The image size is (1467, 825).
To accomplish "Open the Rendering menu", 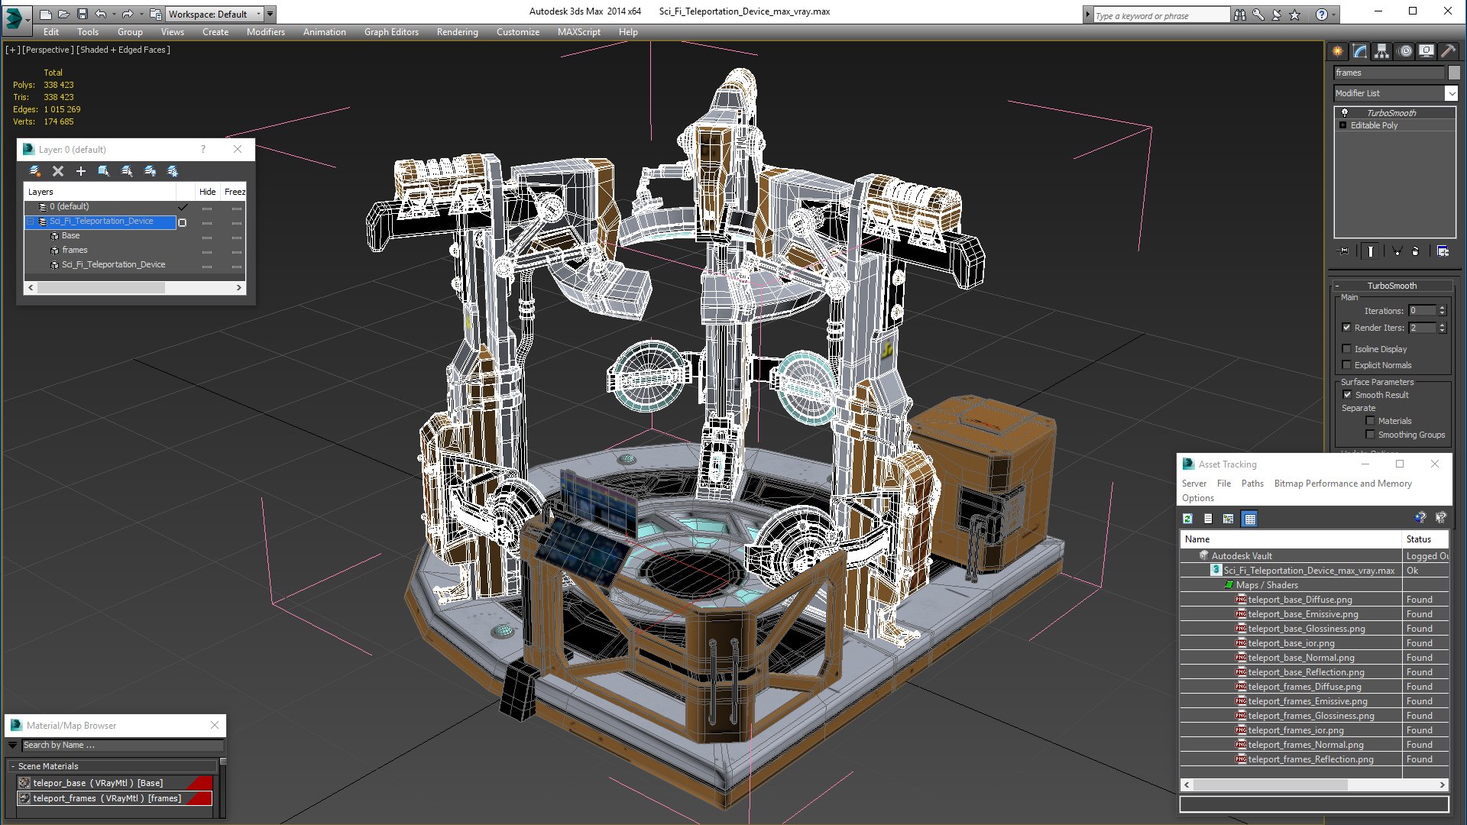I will (457, 32).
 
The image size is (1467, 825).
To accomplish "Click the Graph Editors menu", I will (391, 32).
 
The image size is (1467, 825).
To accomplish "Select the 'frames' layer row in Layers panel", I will (75, 250).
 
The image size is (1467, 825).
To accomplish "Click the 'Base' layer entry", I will (71, 235).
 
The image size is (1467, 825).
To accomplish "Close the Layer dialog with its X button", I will (238, 149).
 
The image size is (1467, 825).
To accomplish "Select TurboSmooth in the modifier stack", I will (1391, 113).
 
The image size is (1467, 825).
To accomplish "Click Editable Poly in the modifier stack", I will (1374, 125).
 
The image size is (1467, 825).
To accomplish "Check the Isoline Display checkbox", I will (1347, 349).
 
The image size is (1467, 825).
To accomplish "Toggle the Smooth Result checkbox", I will (1347, 395).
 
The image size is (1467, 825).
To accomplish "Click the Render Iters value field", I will (1422, 328).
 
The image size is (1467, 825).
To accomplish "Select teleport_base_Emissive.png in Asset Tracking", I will (1303, 614).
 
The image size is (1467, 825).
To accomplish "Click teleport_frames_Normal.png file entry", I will (1305, 745).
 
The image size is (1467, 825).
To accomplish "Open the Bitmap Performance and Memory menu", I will (1342, 484).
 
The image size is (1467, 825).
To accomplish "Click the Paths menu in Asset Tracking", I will (1252, 484).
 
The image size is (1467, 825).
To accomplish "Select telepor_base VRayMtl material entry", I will (98, 783).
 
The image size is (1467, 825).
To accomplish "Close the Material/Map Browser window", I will (215, 725).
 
